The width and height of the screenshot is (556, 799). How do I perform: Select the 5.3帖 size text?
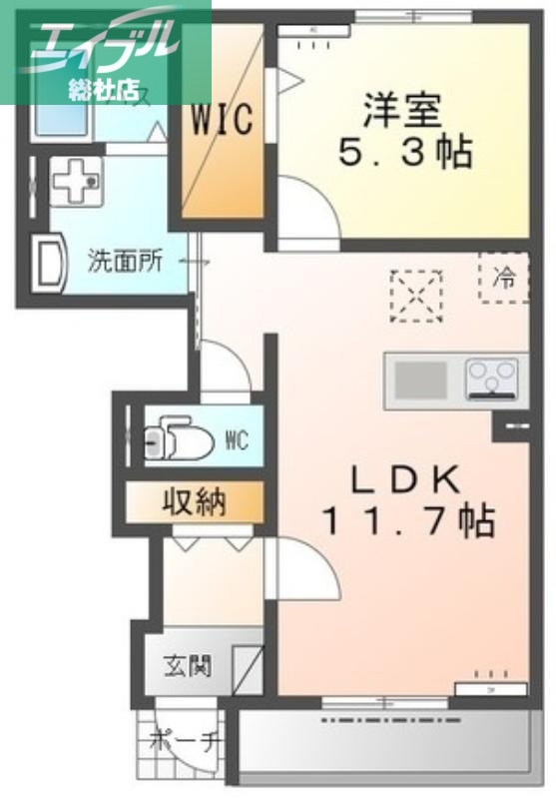402,152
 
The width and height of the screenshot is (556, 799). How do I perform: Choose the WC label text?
237,439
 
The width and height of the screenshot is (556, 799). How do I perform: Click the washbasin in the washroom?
48,262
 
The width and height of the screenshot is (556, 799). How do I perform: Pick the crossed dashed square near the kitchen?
416,296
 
